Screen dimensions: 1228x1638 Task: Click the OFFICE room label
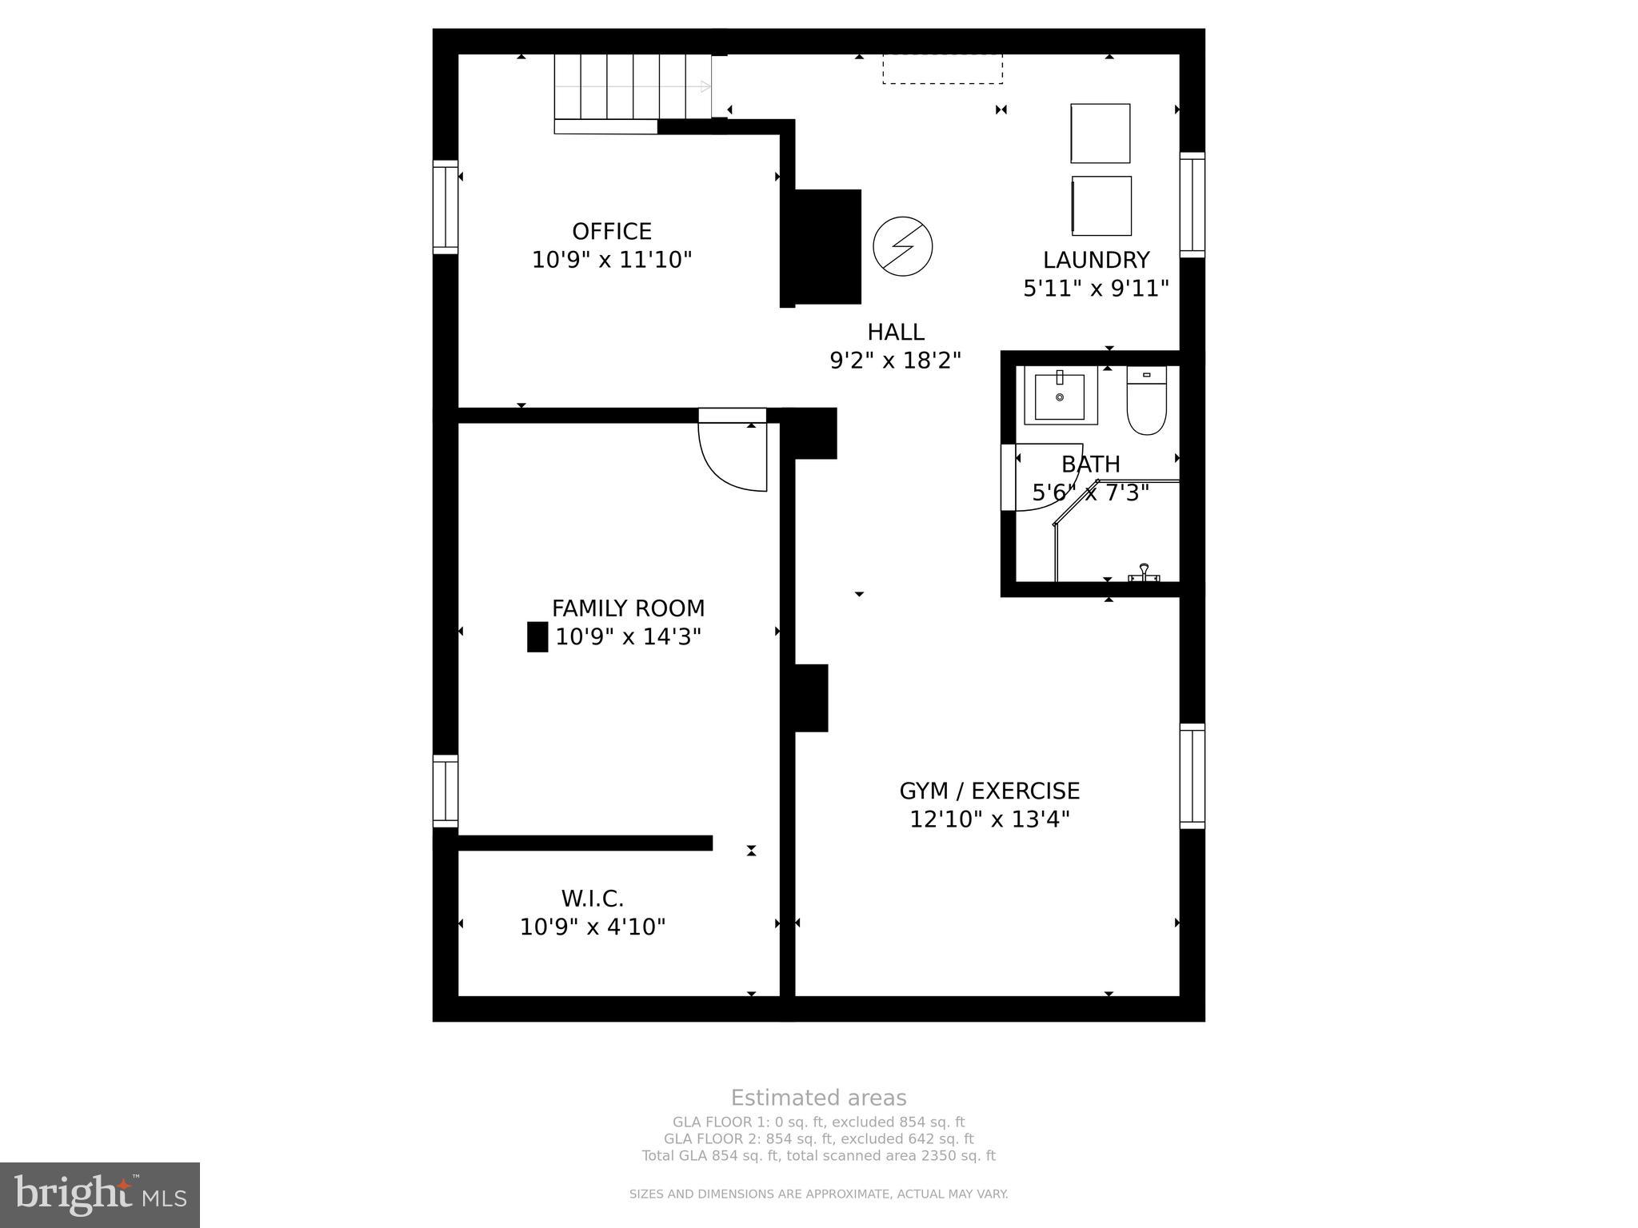click(x=612, y=232)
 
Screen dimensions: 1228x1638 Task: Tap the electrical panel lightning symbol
click(x=902, y=246)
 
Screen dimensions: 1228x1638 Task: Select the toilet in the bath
click(x=1146, y=401)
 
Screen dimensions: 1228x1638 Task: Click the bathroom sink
click(x=1060, y=397)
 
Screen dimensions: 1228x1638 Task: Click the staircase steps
click(x=633, y=86)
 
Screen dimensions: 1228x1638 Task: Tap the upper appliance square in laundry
click(x=1101, y=134)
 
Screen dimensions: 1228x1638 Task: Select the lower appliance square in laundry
click(x=1101, y=206)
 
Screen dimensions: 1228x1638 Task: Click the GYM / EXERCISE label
click(x=989, y=791)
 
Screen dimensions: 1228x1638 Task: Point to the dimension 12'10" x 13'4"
click(x=989, y=819)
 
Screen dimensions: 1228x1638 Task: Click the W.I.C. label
click(x=592, y=899)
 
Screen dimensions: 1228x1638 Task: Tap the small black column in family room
click(x=537, y=636)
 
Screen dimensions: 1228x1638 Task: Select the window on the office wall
click(x=445, y=207)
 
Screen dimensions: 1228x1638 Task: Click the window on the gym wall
click(x=1192, y=775)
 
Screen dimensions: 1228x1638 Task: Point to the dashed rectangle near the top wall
click(x=942, y=70)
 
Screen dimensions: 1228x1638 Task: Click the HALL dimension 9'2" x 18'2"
click(x=895, y=361)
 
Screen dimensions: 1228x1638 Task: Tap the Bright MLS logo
click(x=100, y=1194)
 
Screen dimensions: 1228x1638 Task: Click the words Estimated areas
click(x=818, y=1098)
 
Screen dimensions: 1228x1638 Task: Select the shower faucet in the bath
click(x=1144, y=572)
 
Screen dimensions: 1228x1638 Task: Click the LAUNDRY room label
click(x=1096, y=260)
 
